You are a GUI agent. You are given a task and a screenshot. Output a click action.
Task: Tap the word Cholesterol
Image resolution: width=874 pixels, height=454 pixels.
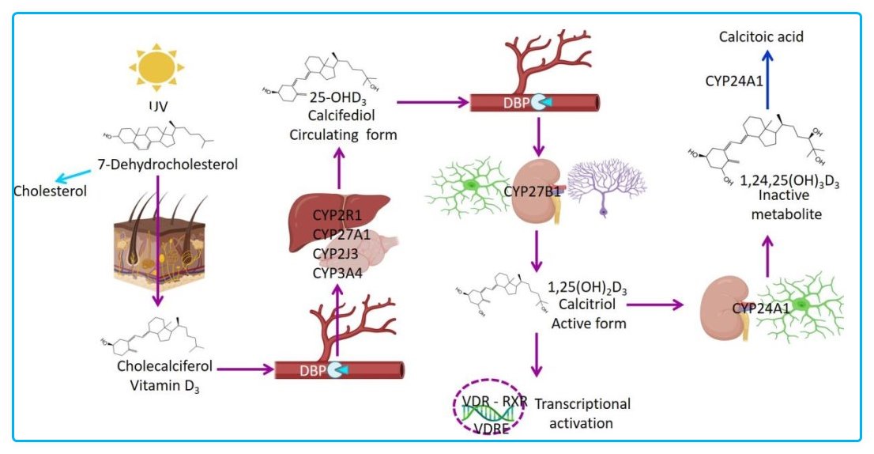coord(49,191)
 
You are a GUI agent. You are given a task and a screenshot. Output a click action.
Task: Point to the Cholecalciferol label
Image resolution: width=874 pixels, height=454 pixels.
coord(164,366)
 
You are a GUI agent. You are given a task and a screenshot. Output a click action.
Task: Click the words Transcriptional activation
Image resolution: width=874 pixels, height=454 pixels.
coord(583,413)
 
